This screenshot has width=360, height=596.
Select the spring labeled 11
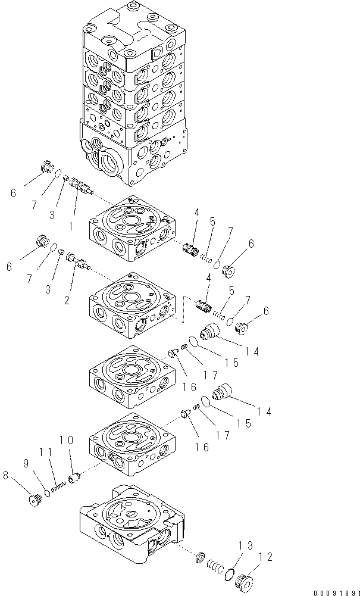[58, 485]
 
